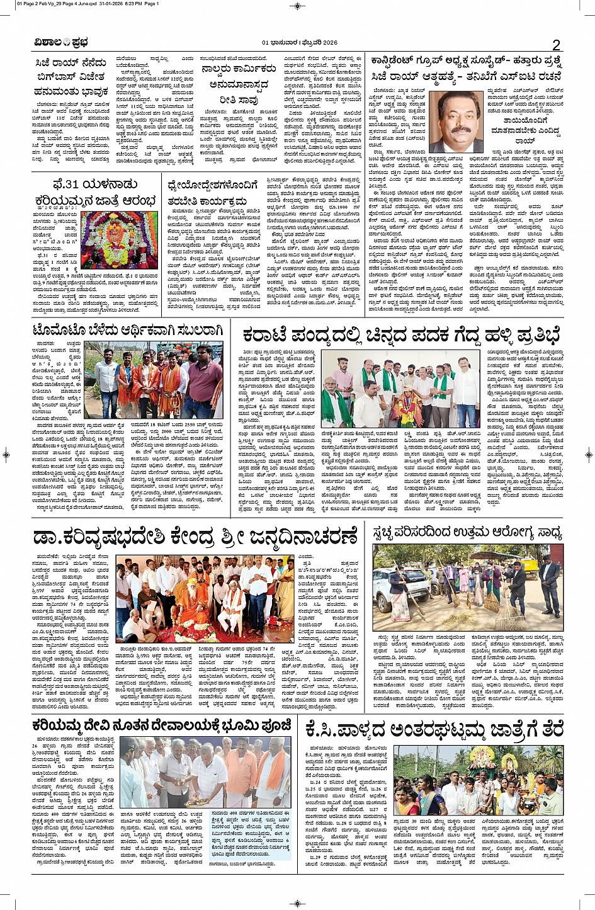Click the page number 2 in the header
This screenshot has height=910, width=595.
click(x=556, y=44)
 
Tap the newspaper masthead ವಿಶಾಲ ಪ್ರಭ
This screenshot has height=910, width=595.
click(x=62, y=43)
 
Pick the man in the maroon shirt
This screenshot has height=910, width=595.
click(x=205, y=378)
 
